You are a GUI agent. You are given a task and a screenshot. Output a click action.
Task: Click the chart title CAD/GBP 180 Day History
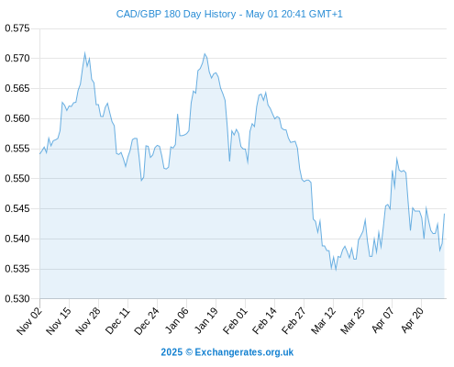coord(176,14)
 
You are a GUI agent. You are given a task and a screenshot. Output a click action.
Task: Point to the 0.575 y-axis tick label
coord(17,28)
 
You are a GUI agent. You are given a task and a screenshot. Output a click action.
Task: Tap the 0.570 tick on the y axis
coord(17,58)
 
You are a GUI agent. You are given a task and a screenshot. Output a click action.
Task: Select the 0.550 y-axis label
coord(17,178)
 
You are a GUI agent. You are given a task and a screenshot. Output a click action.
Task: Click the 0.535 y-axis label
coord(17,269)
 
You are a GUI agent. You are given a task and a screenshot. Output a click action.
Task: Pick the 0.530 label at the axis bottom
coord(17,298)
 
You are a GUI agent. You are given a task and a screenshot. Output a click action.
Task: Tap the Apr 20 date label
coord(413,319)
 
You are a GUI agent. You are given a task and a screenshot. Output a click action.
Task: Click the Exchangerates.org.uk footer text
coord(244,352)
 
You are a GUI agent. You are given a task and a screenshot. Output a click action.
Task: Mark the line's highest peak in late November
coord(84,52)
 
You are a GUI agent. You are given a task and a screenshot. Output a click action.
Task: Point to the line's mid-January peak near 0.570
coord(205,54)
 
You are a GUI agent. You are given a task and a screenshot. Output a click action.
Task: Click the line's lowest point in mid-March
coord(336,271)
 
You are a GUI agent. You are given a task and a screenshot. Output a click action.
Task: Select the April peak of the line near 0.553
coord(397,158)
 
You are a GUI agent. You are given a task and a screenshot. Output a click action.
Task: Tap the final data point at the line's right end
coord(444,214)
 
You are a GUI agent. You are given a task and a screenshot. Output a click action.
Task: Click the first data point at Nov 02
coord(39,154)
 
